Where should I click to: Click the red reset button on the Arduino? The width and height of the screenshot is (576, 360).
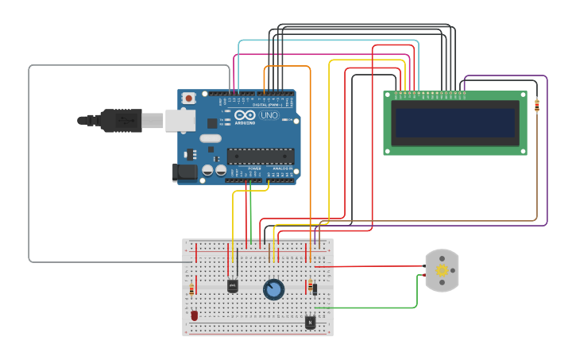pos(188,99)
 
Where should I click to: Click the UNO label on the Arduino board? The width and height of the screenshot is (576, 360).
pos(269,116)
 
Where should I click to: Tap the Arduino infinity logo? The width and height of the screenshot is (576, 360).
pos(245,116)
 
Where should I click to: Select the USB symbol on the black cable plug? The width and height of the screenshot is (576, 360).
pos(123,121)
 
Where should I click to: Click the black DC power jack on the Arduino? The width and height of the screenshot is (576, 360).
pos(184,172)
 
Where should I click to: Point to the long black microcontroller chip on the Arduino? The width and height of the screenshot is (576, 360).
pos(260,157)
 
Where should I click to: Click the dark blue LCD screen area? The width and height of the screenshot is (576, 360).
pos(455,122)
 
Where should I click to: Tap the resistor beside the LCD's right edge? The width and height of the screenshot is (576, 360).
pos(537,105)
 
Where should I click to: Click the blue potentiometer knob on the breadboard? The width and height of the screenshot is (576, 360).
pos(274,289)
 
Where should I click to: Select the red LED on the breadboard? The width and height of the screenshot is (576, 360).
pos(194,315)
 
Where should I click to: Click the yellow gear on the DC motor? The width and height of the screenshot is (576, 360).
pos(443,270)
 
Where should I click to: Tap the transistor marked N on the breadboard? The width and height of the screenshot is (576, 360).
pos(310,323)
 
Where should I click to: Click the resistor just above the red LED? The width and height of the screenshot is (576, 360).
pos(191,290)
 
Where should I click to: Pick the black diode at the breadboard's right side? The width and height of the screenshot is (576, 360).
pos(315,289)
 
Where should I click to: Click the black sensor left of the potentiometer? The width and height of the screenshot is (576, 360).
pos(233,286)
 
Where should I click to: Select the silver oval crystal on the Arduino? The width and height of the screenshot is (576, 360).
pos(211,138)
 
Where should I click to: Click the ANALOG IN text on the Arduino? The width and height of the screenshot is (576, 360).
pos(281,168)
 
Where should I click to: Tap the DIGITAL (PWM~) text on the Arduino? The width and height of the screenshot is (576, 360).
pos(266,105)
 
